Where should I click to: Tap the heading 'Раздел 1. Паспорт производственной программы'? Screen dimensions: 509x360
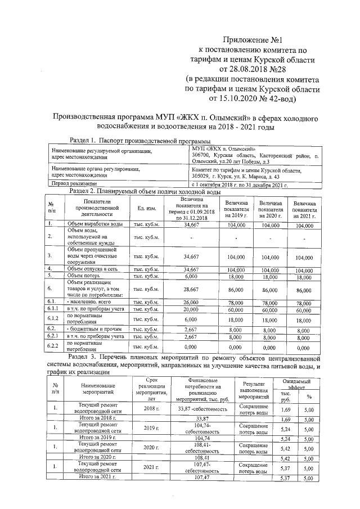[x=137, y=140]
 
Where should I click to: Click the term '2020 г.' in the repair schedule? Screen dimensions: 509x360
[x=148, y=447]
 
